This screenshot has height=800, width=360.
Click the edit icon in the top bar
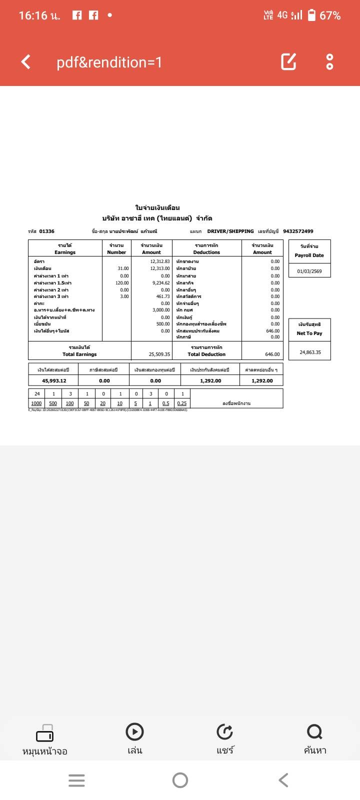tap(288, 61)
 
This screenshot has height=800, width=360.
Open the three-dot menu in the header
tap(329, 61)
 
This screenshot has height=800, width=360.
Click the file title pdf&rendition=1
tap(109, 62)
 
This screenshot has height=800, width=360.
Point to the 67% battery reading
tap(330, 15)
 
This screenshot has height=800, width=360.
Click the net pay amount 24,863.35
tap(310, 352)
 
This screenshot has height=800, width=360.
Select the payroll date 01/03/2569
tap(309, 271)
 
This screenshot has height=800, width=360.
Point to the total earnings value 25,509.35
tap(159, 354)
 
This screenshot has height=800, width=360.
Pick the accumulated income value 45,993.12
tap(54, 381)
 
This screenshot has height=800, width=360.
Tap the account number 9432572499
tap(298, 231)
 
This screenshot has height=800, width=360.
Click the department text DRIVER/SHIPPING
tap(230, 231)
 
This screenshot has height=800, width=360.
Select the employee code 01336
tap(47, 231)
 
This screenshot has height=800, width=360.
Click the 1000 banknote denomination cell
tap(36, 403)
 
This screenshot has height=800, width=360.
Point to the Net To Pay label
tap(309, 333)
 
